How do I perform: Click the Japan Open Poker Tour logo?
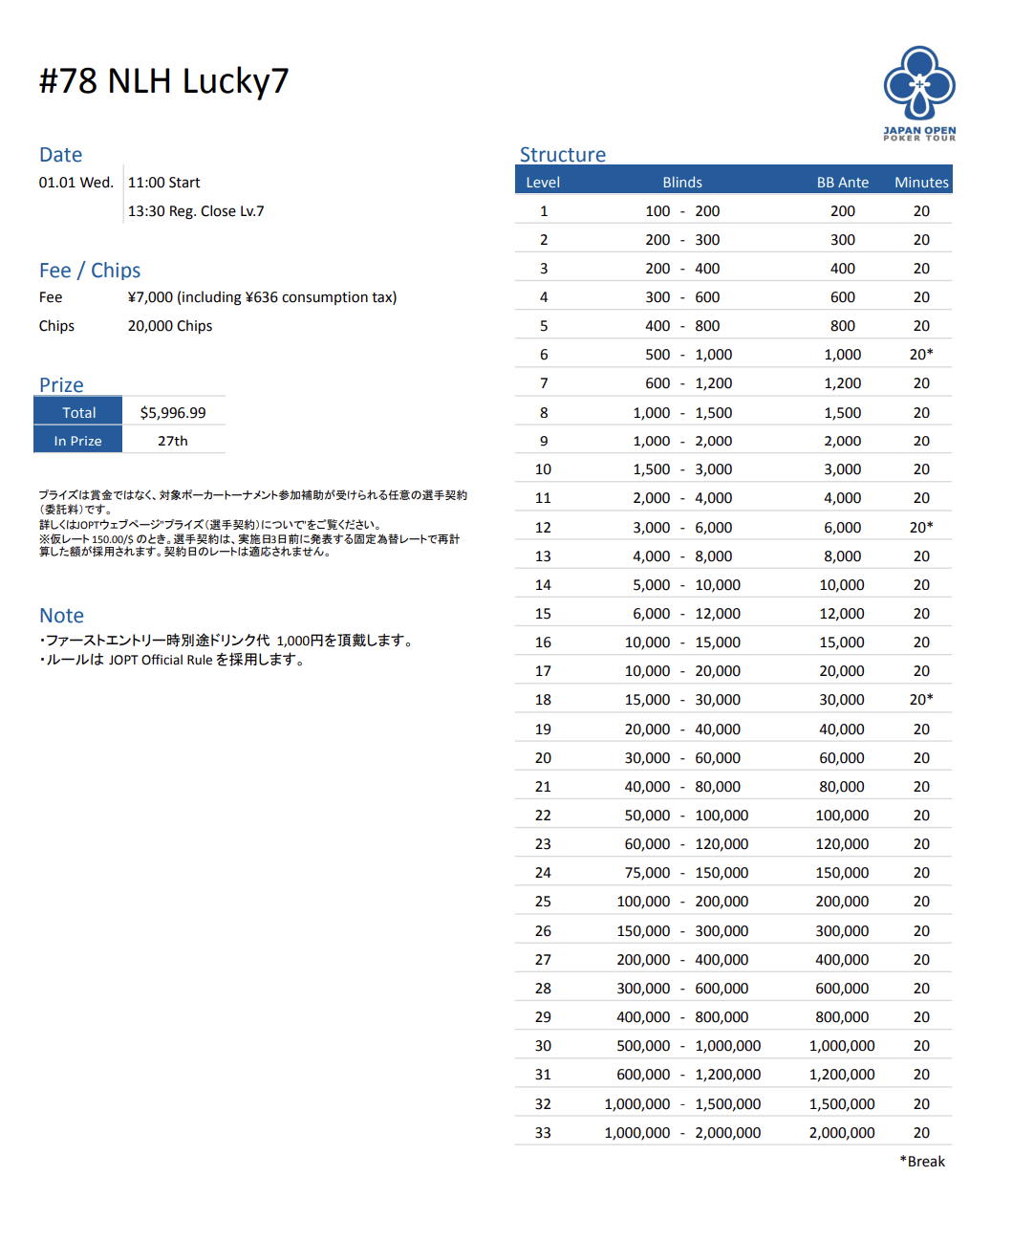[918, 93]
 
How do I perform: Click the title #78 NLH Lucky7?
[163, 81]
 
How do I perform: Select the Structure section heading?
[562, 155]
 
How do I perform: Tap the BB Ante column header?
[842, 182]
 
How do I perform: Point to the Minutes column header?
[921, 182]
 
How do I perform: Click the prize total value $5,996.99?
[173, 412]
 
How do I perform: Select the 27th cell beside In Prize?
[173, 441]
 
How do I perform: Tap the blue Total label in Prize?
[78, 412]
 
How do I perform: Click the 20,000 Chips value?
[170, 326]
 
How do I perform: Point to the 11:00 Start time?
[164, 183]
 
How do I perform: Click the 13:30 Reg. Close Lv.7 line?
[196, 211]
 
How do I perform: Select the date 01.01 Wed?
[75, 183]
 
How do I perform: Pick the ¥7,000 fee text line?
[262, 297]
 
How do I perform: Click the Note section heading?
[61, 616]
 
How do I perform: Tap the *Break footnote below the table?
[922, 1161]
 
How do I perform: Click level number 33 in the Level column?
[543, 1132]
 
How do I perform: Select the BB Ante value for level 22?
[842, 816]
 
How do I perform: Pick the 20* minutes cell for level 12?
[921, 527]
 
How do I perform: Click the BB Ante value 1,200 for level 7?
[842, 383]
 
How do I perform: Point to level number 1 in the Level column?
[544, 211]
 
